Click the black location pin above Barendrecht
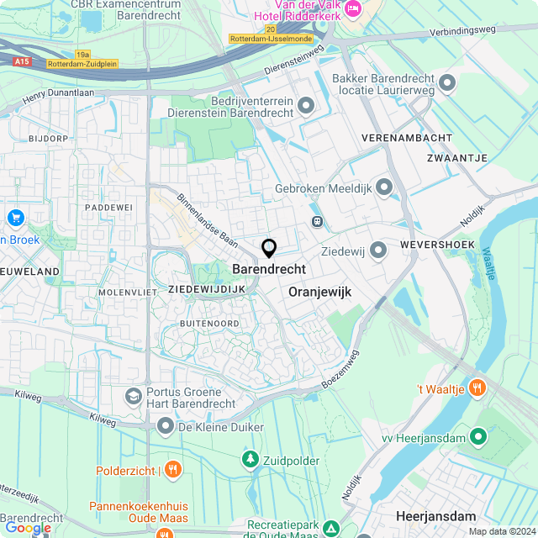click(269, 248)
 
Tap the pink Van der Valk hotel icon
click(351, 9)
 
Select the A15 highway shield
click(23, 61)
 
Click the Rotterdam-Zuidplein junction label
click(82, 63)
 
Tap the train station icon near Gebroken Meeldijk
click(318, 222)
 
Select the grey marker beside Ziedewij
click(378, 250)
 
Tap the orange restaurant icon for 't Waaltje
click(477, 388)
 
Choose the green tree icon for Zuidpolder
click(250, 459)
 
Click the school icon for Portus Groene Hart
click(133, 395)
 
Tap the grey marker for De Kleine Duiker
click(166, 427)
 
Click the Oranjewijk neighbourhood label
click(319, 292)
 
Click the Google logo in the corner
click(28, 527)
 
